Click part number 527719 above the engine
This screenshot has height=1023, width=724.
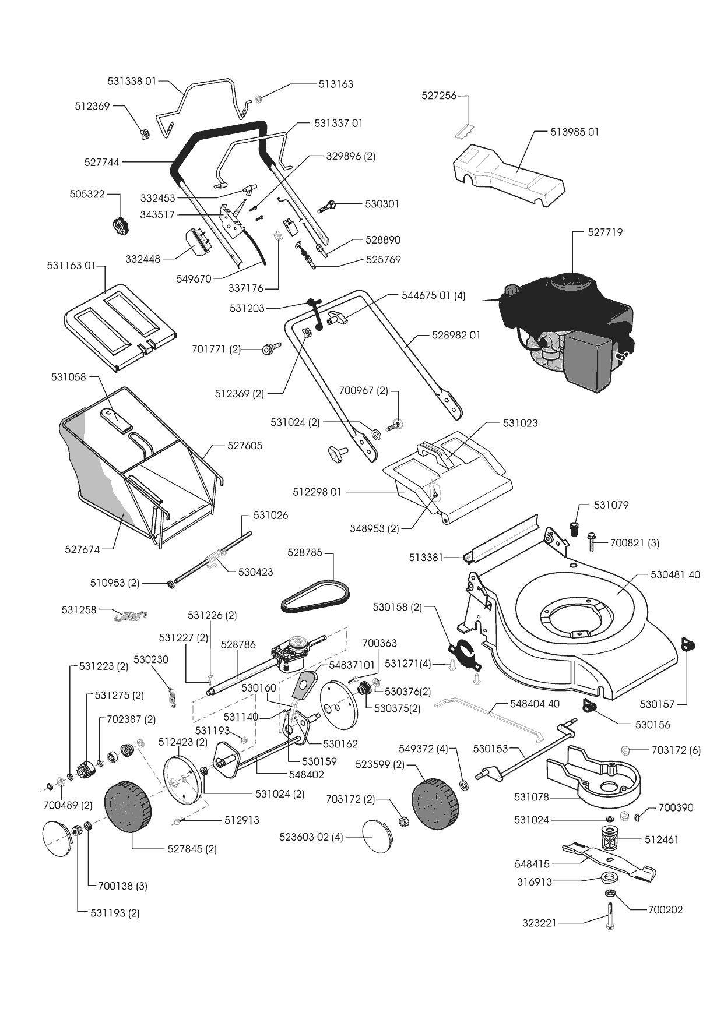605,232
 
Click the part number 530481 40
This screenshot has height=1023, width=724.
675,575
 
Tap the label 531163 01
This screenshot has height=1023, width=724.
71,266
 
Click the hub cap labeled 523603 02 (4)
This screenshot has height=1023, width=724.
377,837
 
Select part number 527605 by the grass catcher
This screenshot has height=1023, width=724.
245,446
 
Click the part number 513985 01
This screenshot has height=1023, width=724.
575,132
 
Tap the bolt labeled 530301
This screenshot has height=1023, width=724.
327,206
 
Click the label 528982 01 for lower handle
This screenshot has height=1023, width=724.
456,336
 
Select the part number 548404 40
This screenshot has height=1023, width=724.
535,704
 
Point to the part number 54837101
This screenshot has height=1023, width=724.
352,665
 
